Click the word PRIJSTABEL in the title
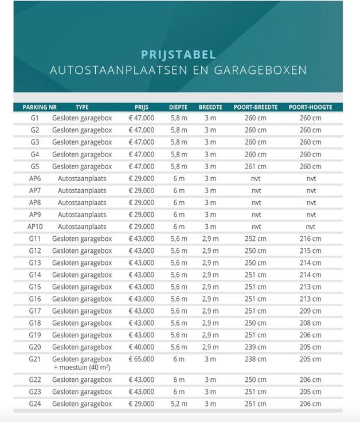pyautogui.click(x=178, y=54)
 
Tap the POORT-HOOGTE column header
pyautogui.click(x=310, y=107)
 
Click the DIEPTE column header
pyautogui.click(x=178, y=107)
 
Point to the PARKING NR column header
pyautogui.click(x=40, y=107)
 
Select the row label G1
pyautogui.click(x=35, y=118)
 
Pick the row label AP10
pyautogui.click(x=35, y=226)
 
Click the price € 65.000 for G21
pyautogui.click(x=141, y=359)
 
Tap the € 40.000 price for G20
pyautogui.click(x=141, y=347)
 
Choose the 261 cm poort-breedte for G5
pyautogui.click(x=256, y=166)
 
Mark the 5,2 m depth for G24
pyautogui.click(x=178, y=404)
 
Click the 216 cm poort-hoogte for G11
pyautogui.click(x=310, y=239)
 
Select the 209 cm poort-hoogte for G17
pyautogui.click(x=310, y=311)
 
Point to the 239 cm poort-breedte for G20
pyautogui.click(x=256, y=347)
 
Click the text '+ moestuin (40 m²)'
pyautogui.click(x=82, y=368)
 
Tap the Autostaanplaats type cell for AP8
pyautogui.click(x=82, y=202)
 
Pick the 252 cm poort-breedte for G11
pyautogui.click(x=256, y=239)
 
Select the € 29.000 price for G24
pyautogui.click(x=141, y=404)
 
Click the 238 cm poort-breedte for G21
pyautogui.click(x=256, y=359)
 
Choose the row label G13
pyautogui.click(x=35, y=263)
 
